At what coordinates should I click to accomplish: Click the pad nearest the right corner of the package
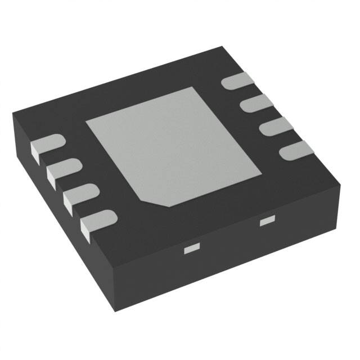[x=296, y=149]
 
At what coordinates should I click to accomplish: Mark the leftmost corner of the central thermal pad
[x=85, y=124]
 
